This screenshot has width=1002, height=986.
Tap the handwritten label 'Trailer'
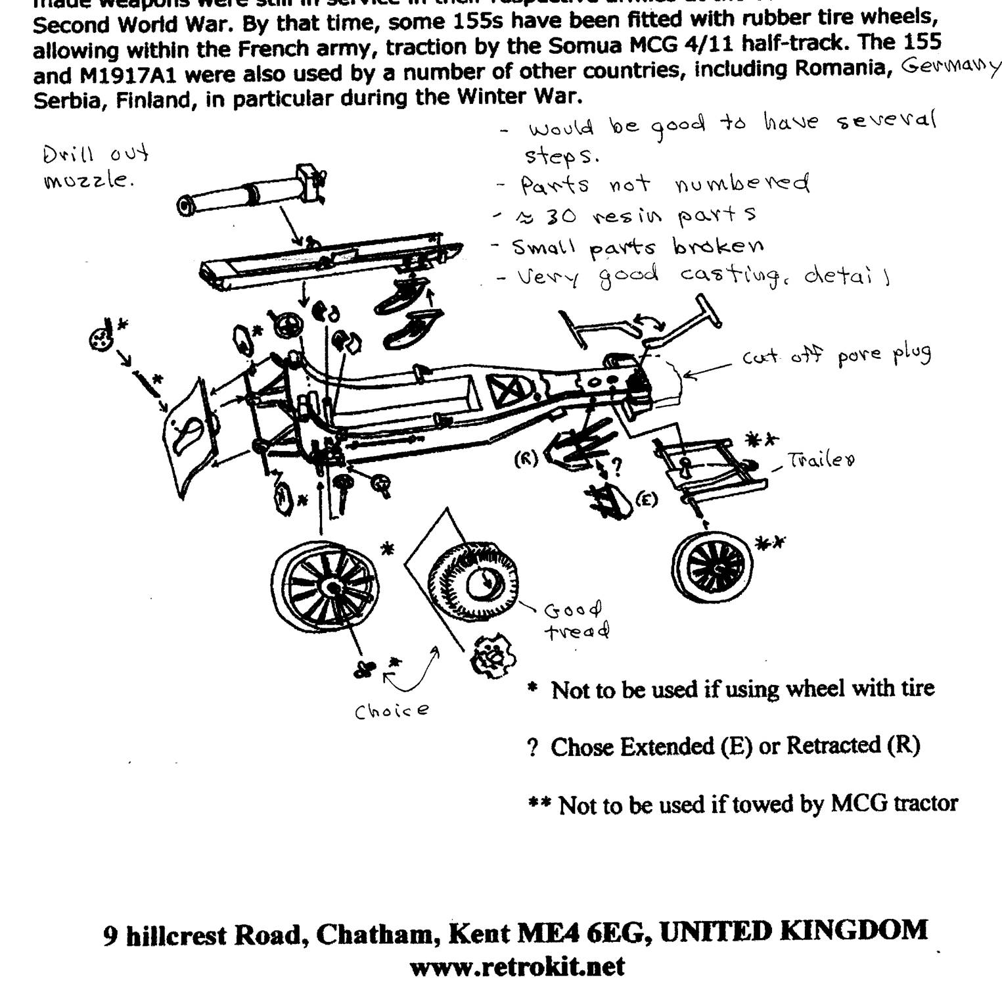821,460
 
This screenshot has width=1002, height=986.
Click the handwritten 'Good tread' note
575,621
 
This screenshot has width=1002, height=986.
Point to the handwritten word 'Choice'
392,711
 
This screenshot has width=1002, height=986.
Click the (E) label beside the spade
647,500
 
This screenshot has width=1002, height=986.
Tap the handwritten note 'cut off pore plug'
836,356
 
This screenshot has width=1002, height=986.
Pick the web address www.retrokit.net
517,966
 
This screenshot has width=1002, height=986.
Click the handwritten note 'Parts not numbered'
664,184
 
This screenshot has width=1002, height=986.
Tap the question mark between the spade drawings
616,467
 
